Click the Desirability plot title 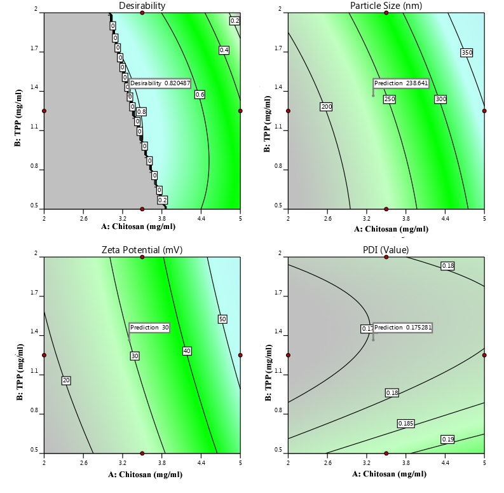[x=142, y=6]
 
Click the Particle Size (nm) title [x=386, y=6]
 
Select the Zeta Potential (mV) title [x=142, y=250]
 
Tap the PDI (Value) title [x=386, y=250]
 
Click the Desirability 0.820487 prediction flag [x=160, y=83]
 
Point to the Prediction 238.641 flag [x=401, y=83]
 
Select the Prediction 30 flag [x=149, y=328]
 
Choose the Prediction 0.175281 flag [x=402, y=328]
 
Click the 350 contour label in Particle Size [x=467, y=53]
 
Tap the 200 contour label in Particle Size [x=327, y=107]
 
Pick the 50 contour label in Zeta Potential [x=222, y=319]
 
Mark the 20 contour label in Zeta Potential [x=66, y=380]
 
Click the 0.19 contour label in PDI [x=447, y=440]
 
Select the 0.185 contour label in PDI [x=405, y=423]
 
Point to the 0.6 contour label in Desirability [x=200, y=95]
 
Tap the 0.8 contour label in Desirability [x=141, y=111]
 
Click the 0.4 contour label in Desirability [x=224, y=50]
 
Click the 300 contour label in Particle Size [x=440, y=99]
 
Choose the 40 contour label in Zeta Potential [x=187, y=351]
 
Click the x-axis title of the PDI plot [x=386, y=473]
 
